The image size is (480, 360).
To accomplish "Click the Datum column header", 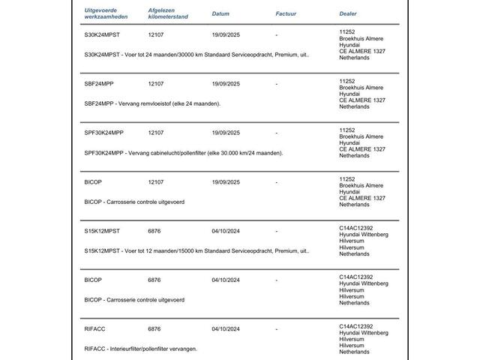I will coord(220,13).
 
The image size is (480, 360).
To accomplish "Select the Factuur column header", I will coord(286,13).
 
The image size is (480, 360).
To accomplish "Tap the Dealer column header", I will coord(348,13).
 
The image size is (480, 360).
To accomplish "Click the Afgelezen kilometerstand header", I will coord(168,13).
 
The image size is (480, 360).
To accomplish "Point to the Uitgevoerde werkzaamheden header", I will coord(106,13).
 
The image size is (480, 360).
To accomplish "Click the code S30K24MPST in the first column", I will coord(101,34).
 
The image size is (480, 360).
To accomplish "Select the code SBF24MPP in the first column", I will coord(98,84).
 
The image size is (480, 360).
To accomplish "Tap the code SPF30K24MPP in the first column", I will coord(103,133).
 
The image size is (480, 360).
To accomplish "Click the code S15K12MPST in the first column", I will coord(101,231).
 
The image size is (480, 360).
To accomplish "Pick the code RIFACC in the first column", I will coord(94,328).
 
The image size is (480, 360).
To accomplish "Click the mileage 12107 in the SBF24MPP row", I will coord(156,84).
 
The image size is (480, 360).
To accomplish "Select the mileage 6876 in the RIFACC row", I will coord(154,328).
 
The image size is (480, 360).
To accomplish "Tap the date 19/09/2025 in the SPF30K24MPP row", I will coord(226,133).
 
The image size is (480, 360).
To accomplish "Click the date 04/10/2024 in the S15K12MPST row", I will coord(226,231).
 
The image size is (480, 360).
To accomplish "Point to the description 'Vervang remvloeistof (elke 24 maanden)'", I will coord(152,103).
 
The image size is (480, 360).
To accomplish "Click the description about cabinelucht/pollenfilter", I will coord(184,152).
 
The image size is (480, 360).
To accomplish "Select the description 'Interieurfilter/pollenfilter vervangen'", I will coord(141,348).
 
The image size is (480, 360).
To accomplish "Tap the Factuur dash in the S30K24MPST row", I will coord(277,34).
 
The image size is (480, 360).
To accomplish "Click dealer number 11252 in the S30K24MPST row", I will coord(347,31).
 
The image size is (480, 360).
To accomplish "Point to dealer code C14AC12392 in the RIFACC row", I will coord(356,325).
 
